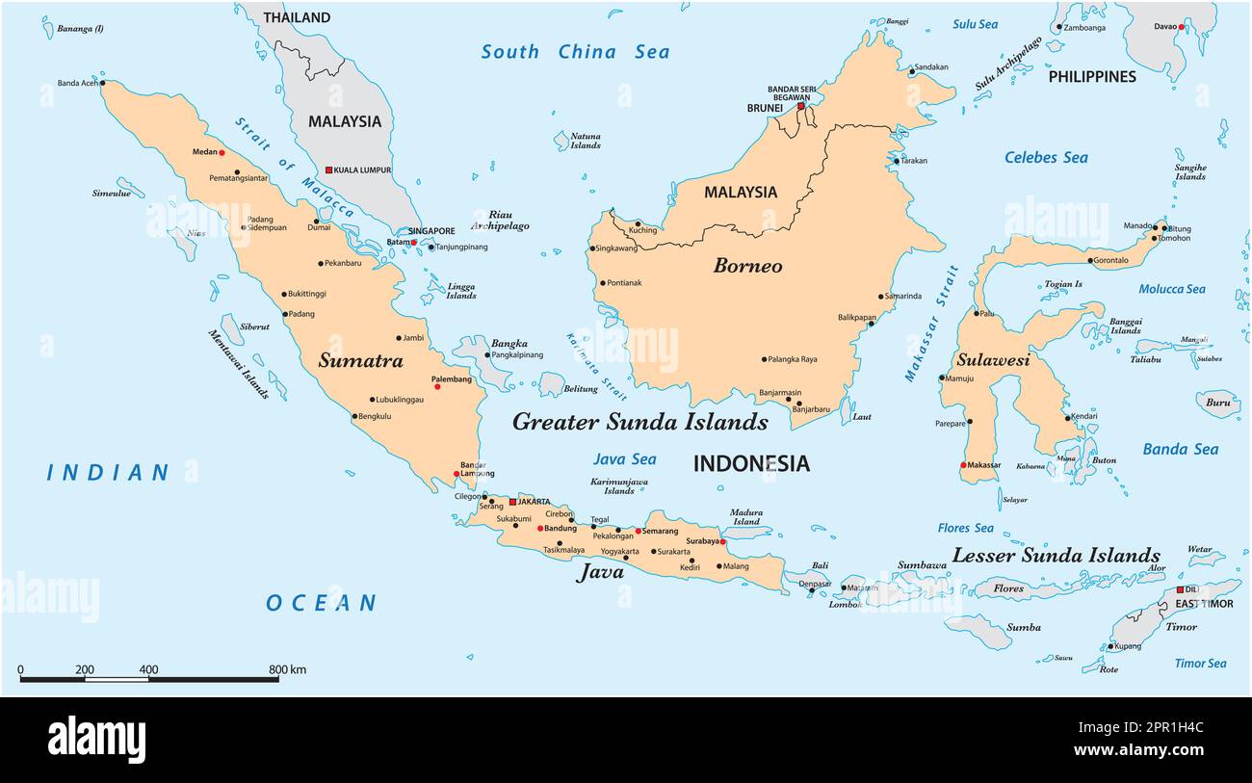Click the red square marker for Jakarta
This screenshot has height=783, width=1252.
tap(512, 501)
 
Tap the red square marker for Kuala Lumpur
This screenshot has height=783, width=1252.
tap(328, 170)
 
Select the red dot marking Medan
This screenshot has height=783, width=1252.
tap(222, 152)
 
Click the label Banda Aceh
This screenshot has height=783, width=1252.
tap(78, 83)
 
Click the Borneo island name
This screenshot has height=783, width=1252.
tap(747, 266)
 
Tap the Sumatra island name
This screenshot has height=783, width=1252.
tap(360, 361)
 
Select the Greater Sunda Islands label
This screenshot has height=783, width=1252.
tap(639, 422)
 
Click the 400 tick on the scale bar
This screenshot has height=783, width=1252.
tap(148, 670)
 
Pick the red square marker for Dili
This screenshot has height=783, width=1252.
tap(1180, 589)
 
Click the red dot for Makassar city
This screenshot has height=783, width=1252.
tap(963, 465)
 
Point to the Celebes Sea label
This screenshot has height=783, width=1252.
tap(1046, 158)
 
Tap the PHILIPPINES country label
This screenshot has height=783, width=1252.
tap(1092, 76)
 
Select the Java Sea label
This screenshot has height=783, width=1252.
tap(624, 459)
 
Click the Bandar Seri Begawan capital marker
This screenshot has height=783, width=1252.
tap(800, 106)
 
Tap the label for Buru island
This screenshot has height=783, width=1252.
tap(1217, 404)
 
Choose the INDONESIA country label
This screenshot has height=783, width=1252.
tap(751, 464)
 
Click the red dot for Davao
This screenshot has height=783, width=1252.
tap(1181, 27)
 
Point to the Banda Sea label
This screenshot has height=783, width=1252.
tap(1180, 450)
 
